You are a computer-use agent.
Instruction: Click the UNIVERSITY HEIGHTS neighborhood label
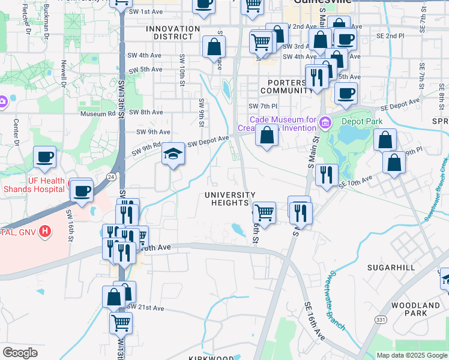pos(230,199)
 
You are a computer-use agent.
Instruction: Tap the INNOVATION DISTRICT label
pos(173,32)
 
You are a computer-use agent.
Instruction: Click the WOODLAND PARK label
pos(415,309)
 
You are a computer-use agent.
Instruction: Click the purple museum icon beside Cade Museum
pos(325,124)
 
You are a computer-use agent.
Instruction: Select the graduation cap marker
pos(173,154)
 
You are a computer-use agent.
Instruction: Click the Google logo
pos(20,353)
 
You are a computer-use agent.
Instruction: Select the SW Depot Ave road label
pos(208,141)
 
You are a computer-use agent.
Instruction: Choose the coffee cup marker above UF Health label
pos(44,158)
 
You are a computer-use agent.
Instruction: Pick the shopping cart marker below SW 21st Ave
pos(121,323)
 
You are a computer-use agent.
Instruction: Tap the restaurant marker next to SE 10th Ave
pos(326,175)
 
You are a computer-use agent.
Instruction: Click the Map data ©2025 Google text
pos(411,355)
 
